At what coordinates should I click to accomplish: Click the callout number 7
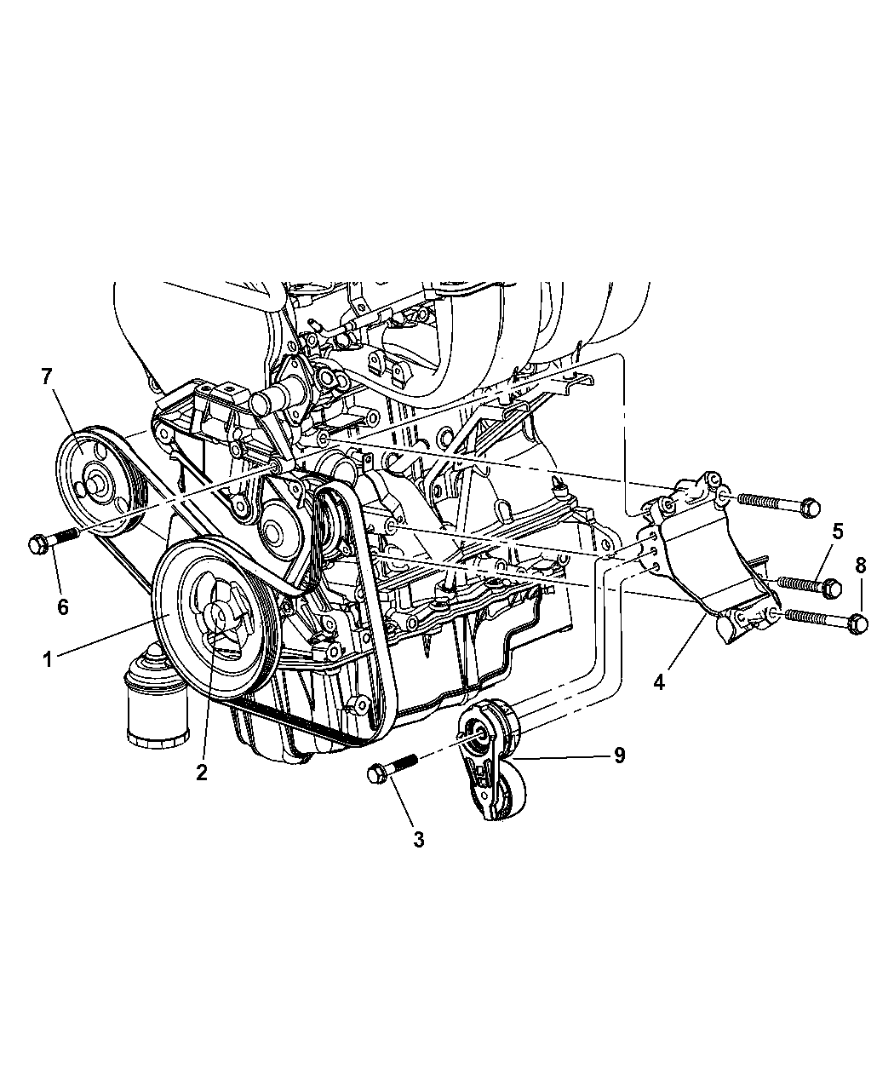(48, 376)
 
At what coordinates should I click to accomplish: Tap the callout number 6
(63, 606)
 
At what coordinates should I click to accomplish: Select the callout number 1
(48, 660)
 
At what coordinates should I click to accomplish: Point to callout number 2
(202, 773)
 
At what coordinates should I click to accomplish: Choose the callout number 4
(659, 682)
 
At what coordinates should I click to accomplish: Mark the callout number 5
(837, 532)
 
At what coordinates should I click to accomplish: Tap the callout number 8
(861, 566)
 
